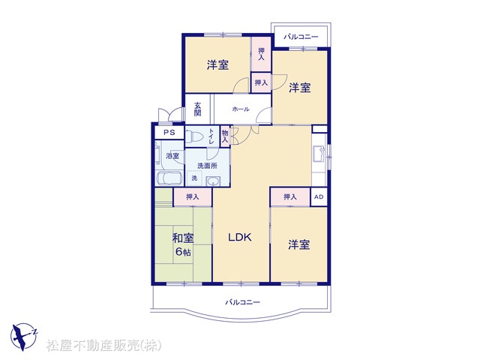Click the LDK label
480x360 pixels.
click(240, 237)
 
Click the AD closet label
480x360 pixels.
click(318, 196)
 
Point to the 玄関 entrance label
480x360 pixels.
click(197, 109)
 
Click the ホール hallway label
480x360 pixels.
click(240, 109)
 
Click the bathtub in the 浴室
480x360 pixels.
click(169, 178)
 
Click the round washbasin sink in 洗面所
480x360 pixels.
click(212, 180)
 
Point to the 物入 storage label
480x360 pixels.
click(225, 136)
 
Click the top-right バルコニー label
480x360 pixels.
click(301, 36)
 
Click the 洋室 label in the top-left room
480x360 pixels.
click(217, 65)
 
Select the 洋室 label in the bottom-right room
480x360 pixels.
click(299, 244)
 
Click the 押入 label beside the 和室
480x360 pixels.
click(193, 196)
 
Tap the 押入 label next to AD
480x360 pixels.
click(289, 196)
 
